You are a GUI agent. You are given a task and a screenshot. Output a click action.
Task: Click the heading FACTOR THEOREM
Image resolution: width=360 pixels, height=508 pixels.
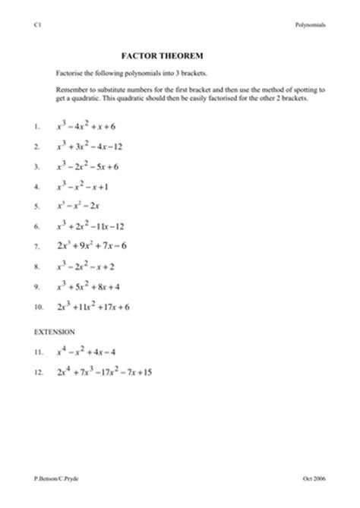click(159, 55)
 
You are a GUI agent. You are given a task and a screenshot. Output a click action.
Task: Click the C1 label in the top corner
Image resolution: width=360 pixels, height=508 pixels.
click(37, 24)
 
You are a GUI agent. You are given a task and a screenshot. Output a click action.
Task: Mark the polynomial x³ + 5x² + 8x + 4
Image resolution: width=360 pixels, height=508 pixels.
click(92, 287)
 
